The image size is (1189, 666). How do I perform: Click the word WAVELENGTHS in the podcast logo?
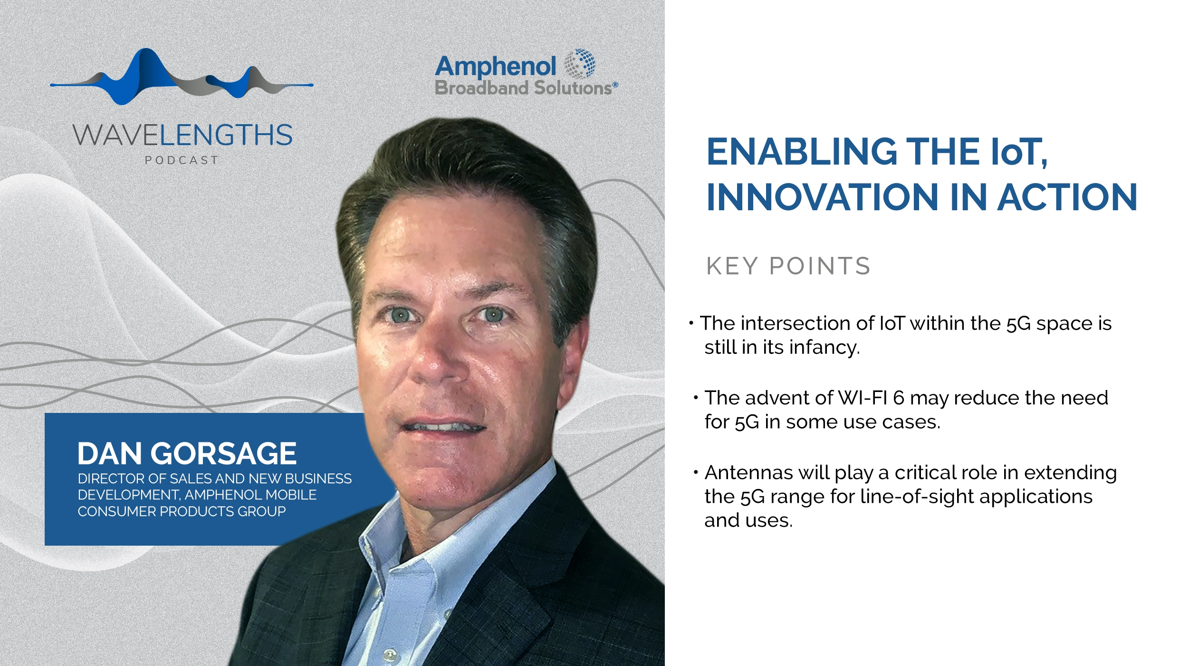[182, 135]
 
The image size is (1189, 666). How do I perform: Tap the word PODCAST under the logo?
[182, 160]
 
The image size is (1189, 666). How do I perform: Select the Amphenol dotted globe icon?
[579, 64]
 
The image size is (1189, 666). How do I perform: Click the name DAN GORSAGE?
[187, 453]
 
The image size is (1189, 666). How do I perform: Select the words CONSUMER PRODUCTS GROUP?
[182, 511]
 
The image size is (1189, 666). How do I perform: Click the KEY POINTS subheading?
[788, 266]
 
